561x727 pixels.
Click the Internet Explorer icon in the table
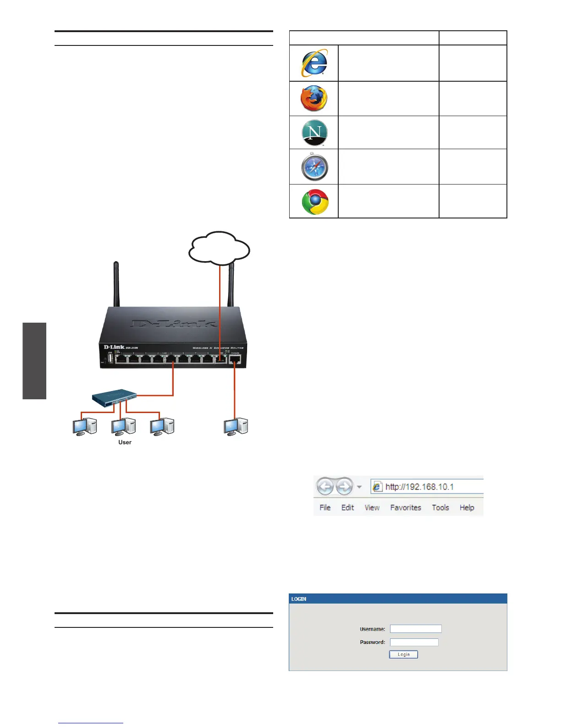[x=314, y=63]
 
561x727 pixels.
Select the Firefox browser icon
[x=314, y=98]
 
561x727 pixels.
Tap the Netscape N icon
[x=314, y=132]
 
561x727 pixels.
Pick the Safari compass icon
[x=314, y=167]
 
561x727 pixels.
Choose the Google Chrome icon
[x=315, y=201]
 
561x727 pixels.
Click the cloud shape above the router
[x=219, y=248]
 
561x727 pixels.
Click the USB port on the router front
[x=110, y=358]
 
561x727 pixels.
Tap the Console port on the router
[x=235, y=359]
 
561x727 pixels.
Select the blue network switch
[x=115, y=397]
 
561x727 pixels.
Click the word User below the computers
[x=125, y=442]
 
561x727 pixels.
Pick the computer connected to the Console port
[x=236, y=426]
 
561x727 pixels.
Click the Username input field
[x=416, y=629]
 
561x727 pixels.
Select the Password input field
[x=414, y=642]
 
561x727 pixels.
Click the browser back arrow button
[x=325, y=487]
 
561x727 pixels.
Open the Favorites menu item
[x=405, y=508]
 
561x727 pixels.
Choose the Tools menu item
[x=440, y=508]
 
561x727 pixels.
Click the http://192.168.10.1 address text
[x=419, y=487]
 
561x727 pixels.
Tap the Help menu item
[x=467, y=508]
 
